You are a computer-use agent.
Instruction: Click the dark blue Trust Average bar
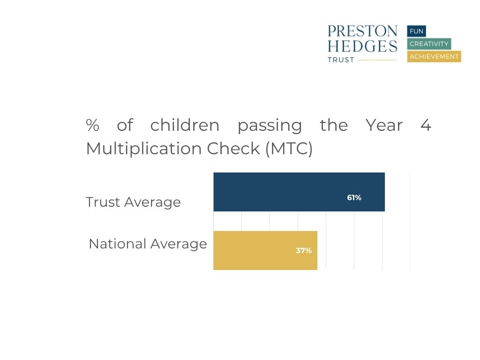click(x=299, y=192)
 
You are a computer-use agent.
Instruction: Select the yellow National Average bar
click(x=265, y=250)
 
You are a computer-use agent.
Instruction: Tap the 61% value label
click(x=354, y=198)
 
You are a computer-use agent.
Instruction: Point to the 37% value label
click(x=304, y=251)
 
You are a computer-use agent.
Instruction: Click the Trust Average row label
click(x=133, y=202)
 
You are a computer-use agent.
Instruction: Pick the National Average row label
click(x=148, y=244)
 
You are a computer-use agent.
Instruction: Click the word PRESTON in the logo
click(x=362, y=31)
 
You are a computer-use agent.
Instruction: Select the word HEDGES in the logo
click(x=362, y=46)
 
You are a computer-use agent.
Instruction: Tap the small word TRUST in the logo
click(x=341, y=60)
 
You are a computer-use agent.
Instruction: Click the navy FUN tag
click(x=416, y=31)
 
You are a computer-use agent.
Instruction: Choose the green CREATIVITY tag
click(x=429, y=44)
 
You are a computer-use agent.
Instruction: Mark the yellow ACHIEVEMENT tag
click(x=434, y=57)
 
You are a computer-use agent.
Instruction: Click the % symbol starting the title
click(x=92, y=125)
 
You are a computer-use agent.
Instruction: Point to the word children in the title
click(x=185, y=125)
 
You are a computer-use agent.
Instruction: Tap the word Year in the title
click(x=384, y=125)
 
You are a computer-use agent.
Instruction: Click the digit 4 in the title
click(x=426, y=125)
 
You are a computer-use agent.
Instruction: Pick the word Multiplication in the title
click(x=144, y=150)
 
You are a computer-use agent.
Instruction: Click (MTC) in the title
click(x=289, y=149)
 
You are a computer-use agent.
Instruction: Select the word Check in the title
click(x=233, y=149)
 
